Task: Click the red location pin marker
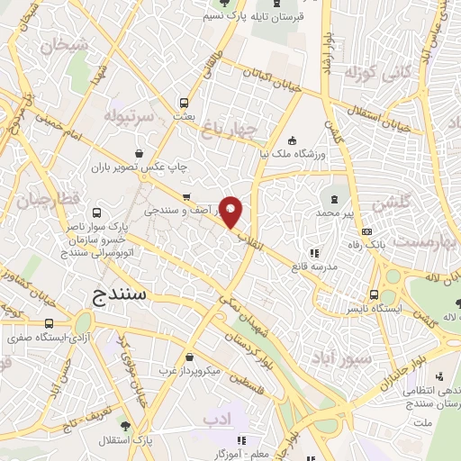pos(231,212)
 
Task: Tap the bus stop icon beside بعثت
pos(184,103)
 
